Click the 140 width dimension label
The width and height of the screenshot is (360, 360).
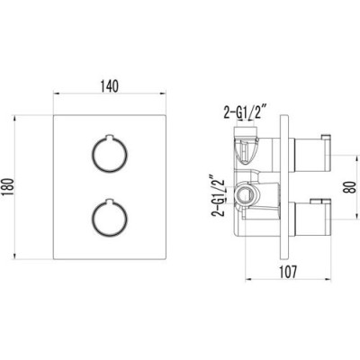click(110, 86)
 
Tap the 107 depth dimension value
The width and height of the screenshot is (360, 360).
click(288, 272)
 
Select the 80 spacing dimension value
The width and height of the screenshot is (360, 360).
click(352, 186)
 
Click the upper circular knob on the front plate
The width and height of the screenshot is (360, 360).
click(109, 155)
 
